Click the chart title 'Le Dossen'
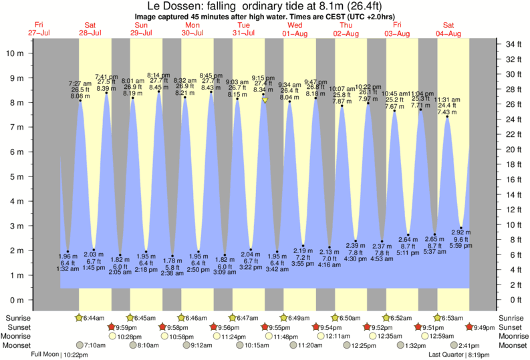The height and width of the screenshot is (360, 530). [175, 6]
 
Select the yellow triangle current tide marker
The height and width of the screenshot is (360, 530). [265, 100]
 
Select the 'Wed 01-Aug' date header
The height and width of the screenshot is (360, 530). [295, 29]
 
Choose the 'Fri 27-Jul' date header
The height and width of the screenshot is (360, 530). [40, 29]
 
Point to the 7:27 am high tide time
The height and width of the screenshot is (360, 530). [80, 83]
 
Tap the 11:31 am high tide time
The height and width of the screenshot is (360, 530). [447, 100]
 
